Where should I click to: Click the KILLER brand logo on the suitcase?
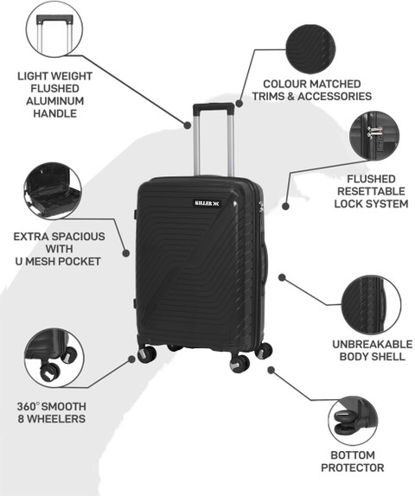(x=207, y=203)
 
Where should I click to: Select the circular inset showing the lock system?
(x=374, y=136)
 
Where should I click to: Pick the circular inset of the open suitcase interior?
(x=53, y=191)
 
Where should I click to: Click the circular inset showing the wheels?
(x=54, y=358)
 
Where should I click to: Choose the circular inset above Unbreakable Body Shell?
(x=371, y=305)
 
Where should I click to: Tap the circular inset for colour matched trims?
(x=310, y=49)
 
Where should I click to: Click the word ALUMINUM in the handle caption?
(x=55, y=101)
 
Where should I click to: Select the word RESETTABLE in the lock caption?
(x=371, y=191)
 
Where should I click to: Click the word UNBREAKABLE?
(x=373, y=344)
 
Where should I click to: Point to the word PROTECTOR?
(x=353, y=467)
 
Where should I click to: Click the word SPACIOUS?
(x=79, y=237)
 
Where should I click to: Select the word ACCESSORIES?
(x=335, y=96)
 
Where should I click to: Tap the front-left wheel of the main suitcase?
(x=147, y=354)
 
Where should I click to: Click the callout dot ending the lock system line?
(x=285, y=207)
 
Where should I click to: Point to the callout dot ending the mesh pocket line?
(x=126, y=253)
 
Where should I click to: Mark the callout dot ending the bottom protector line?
(x=271, y=370)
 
